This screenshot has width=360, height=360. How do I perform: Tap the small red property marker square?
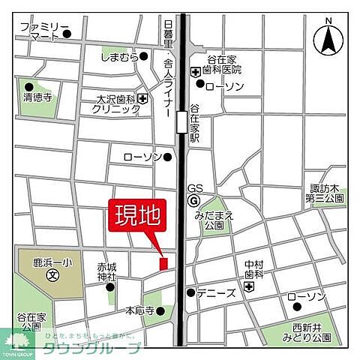(163, 262)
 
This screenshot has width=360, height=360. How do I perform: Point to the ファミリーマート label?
(40, 31)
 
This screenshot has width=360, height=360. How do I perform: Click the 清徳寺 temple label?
(37, 96)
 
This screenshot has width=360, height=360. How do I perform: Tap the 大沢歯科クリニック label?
(116, 103)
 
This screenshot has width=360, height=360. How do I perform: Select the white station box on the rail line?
(181, 121)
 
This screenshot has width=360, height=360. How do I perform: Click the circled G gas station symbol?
(194, 201)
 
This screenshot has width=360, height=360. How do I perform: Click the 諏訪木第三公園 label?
(325, 194)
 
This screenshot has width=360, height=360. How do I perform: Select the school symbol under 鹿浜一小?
(52, 275)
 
